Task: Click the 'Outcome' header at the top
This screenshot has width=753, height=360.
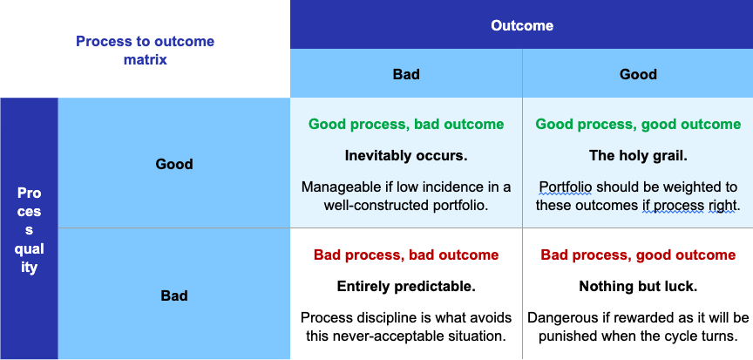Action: click(x=521, y=25)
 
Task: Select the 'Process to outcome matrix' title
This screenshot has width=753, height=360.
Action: click(x=145, y=51)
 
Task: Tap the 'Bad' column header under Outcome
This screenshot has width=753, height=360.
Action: click(x=406, y=74)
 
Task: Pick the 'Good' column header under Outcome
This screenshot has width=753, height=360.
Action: click(x=638, y=74)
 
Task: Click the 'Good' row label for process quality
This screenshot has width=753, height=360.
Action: click(x=173, y=164)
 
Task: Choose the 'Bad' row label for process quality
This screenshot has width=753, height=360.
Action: click(x=173, y=295)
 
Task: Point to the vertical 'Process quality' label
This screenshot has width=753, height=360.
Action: click(x=29, y=230)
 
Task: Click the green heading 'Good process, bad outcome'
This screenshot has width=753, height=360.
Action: click(x=406, y=125)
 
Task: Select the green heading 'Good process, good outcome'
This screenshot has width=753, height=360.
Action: click(x=638, y=125)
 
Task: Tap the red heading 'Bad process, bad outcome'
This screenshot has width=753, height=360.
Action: click(x=406, y=255)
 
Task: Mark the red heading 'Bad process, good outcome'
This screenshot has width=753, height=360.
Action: click(x=638, y=255)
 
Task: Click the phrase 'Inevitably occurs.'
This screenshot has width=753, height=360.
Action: click(x=406, y=155)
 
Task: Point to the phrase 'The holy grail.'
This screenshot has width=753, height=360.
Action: click(x=638, y=155)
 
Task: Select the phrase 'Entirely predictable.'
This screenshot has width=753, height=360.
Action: click(x=406, y=287)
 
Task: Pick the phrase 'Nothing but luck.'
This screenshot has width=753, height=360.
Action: click(x=638, y=287)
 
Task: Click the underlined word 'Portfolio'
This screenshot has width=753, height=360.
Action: click(x=566, y=187)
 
